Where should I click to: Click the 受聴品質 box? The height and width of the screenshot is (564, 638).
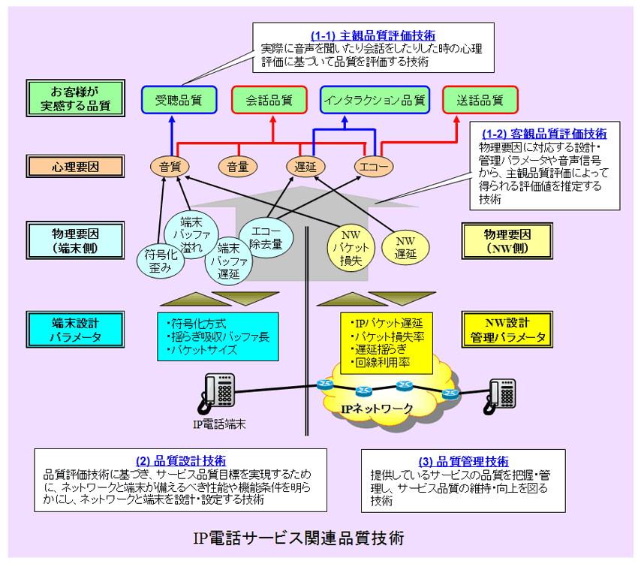(x=179, y=99)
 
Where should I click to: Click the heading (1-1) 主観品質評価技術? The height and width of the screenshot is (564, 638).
(x=373, y=35)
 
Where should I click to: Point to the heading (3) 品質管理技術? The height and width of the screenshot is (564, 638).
(x=463, y=461)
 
